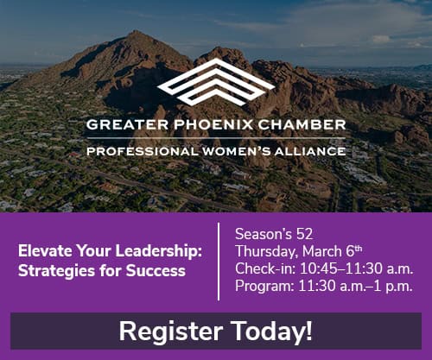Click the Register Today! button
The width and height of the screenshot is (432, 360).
point(215,331)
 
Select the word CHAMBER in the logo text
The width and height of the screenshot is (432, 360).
point(302,124)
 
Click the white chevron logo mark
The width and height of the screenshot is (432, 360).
point(216,85)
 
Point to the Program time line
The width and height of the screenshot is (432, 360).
point(324,286)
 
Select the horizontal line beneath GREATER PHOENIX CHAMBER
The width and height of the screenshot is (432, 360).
point(216,138)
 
